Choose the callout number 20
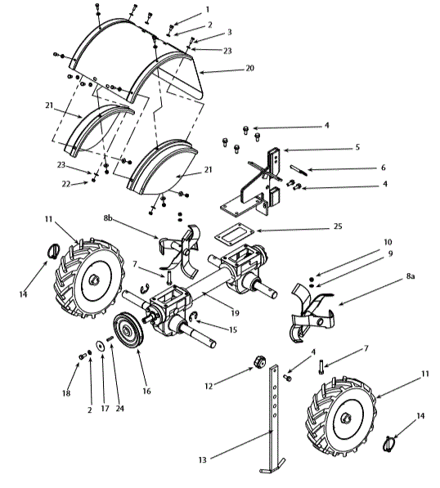click(x=249, y=70)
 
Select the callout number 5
click(x=380, y=148)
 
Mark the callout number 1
click(x=207, y=9)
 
